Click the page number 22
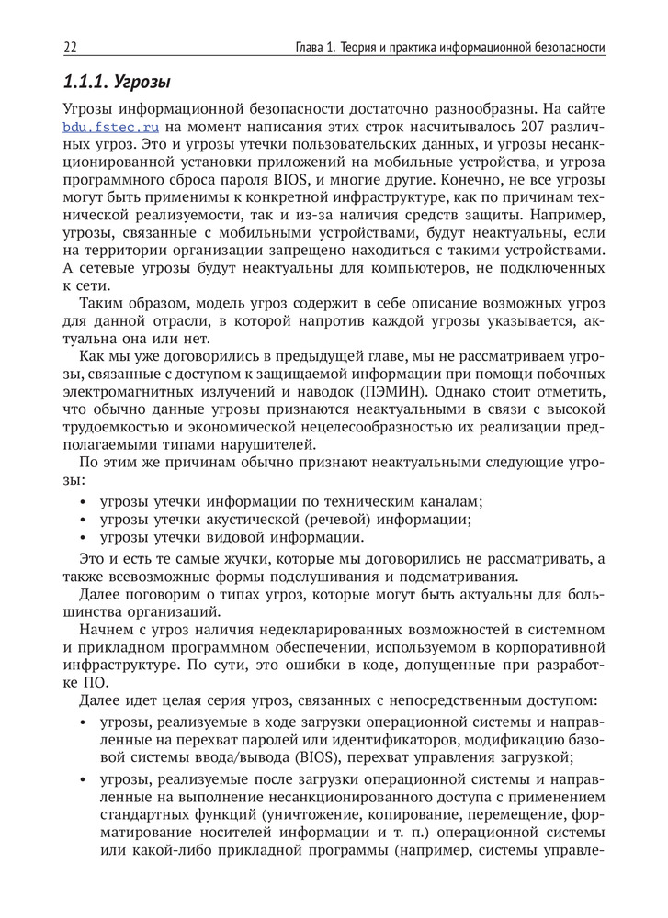[x=70, y=47]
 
